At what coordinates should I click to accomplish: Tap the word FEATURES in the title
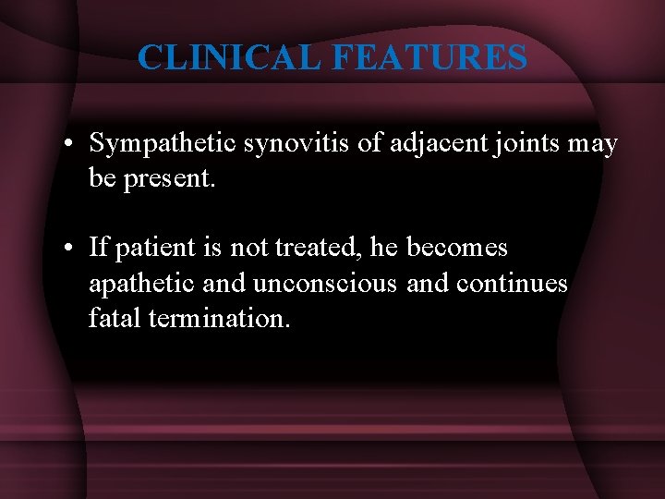point(429,57)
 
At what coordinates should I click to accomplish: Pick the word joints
point(524,144)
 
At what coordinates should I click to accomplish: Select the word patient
point(150,248)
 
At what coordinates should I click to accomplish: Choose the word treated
point(307,248)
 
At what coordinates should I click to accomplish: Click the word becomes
point(457,248)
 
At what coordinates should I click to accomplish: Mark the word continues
point(512,283)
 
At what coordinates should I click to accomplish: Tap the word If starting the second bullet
point(98,248)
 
